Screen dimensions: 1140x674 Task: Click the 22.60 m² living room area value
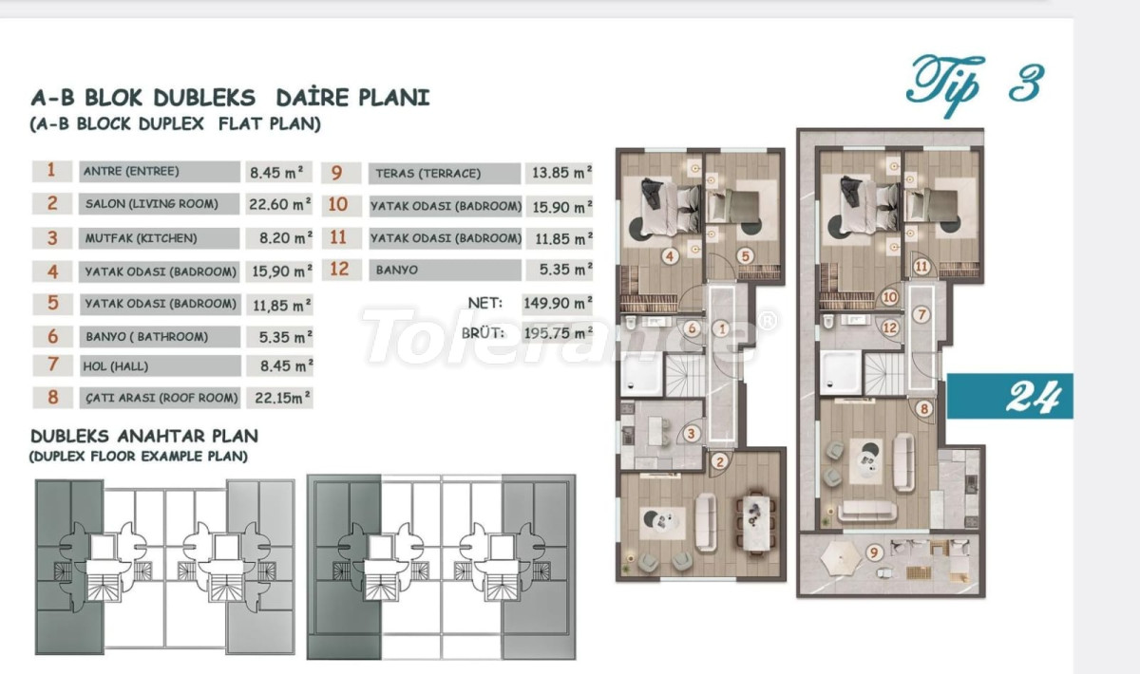(280, 204)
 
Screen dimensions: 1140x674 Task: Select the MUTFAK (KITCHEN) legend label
(141, 238)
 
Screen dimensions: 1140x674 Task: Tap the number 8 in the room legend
(53, 397)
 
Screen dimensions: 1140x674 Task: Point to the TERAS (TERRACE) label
(428, 174)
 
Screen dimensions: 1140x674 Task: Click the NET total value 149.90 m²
(558, 303)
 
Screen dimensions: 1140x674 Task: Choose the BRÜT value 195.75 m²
(559, 333)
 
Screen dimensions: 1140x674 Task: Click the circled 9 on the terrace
(874, 552)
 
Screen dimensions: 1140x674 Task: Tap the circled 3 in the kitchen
(691, 434)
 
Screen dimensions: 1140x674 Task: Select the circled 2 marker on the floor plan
(720, 462)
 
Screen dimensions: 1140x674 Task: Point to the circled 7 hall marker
(921, 315)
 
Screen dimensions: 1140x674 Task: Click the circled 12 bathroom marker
(889, 328)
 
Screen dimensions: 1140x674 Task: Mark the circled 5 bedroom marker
(746, 256)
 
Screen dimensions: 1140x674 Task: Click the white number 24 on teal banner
(1034, 396)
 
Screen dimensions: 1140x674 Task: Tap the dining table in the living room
(754, 522)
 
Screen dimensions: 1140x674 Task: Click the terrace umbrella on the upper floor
(841, 558)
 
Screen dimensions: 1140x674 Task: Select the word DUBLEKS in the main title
(204, 98)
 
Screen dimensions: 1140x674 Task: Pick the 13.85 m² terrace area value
(561, 173)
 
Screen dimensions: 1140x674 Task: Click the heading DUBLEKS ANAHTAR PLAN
(144, 436)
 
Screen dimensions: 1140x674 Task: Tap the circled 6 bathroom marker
(692, 328)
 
